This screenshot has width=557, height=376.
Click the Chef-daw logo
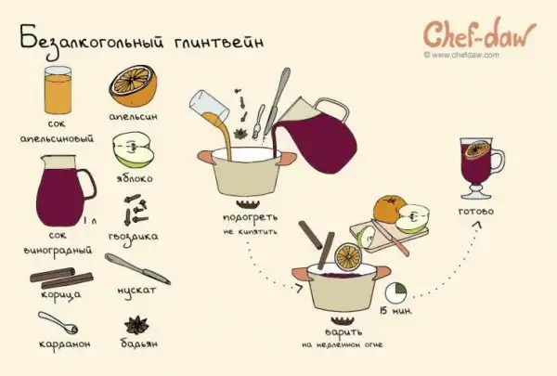480,34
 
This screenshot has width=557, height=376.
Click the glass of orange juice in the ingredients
58,90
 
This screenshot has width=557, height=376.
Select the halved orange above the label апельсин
133,85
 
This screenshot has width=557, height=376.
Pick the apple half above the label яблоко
133,149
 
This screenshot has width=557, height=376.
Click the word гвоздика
133,237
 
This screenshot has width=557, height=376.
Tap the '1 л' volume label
90,221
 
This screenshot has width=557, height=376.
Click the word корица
60,295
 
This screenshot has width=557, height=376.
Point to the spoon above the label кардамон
58,323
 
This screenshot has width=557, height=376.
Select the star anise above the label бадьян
136,325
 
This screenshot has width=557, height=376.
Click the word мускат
136,291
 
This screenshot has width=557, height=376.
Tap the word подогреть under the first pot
250,217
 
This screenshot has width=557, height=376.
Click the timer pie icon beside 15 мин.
396,292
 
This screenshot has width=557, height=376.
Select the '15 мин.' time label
396,311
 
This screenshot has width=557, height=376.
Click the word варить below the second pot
343,332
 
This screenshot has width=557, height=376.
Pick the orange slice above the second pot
348,255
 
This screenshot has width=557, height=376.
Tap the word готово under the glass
476,212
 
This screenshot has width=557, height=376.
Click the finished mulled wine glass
480,168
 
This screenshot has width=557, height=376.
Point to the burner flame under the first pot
248,204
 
